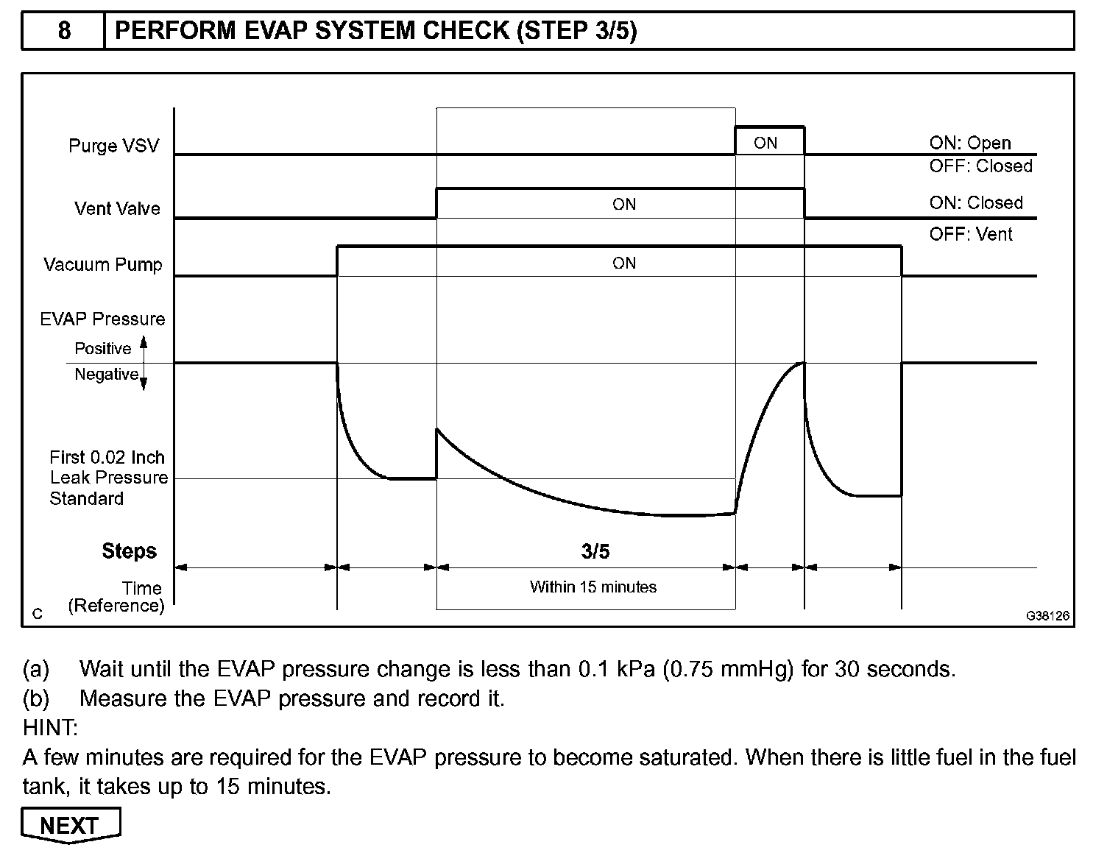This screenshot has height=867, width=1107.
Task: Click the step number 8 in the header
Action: click(64, 31)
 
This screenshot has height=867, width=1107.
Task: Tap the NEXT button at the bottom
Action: click(71, 826)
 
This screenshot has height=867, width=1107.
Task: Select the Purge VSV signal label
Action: click(113, 146)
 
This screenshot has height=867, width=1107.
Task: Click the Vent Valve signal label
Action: click(117, 209)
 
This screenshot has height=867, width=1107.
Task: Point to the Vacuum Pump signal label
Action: click(103, 265)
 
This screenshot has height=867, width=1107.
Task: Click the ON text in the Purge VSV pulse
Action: click(765, 144)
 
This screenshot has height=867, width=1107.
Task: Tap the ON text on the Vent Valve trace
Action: click(623, 205)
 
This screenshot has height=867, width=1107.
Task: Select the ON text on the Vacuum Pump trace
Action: click(623, 263)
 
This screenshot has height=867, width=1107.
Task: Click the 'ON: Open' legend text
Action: click(970, 143)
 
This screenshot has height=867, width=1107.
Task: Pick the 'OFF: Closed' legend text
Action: click(980, 166)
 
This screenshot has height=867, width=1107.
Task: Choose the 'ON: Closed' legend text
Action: click(976, 203)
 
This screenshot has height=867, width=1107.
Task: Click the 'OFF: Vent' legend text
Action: click(971, 235)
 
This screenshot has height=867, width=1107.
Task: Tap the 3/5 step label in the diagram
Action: click(595, 551)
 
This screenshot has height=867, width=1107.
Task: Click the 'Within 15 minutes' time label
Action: click(593, 587)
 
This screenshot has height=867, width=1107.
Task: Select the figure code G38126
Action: click(1048, 615)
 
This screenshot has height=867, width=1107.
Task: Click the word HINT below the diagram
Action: click(50, 728)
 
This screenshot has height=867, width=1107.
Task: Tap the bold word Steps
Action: click(130, 551)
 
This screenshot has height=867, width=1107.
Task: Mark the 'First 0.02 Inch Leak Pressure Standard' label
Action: click(108, 478)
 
